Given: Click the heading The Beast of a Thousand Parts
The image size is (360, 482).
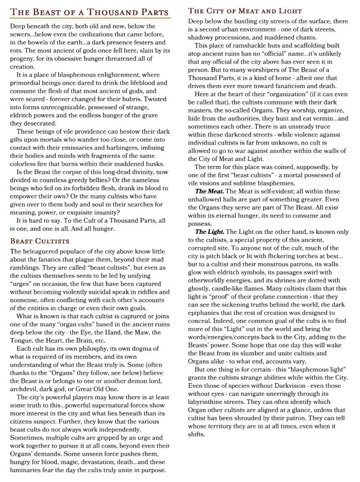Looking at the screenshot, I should point(89,11).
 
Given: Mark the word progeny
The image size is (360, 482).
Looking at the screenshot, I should point(23,58).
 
